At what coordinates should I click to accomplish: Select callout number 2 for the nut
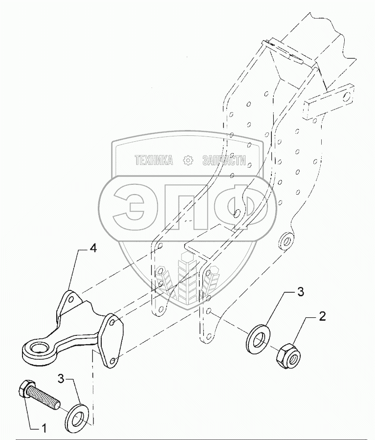pyautogui.click(x=322, y=316)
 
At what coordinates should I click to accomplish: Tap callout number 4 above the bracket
pyautogui.click(x=92, y=248)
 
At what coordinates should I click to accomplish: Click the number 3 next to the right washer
pyautogui.click(x=301, y=292)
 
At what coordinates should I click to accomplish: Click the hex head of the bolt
pyautogui.click(x=25, y=389)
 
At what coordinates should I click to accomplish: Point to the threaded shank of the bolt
pyautogui.click(x=46, y=396)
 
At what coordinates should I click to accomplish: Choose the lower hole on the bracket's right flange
pyautogui.click(x=113, y=361)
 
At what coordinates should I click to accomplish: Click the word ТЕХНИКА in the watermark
pyautogui.click(x=153, y=161)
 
